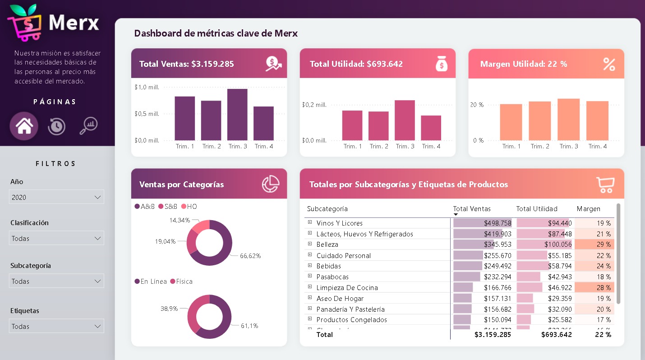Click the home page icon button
(x=24, y=126)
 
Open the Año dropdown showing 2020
(x=56, y=197)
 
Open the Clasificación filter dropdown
(x=56, y=238)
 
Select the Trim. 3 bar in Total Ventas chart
(x=237, y=115)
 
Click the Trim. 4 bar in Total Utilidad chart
(x=431, y=128)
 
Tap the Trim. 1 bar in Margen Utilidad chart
(x=511, y=122)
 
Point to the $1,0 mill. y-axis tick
(x=147, y=87)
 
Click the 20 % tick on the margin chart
(x=476, y=105)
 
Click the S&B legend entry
(x=168, y=207)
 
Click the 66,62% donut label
(x=250, y=256)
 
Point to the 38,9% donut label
(x=169, y=309)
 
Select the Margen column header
(x=588, y=209)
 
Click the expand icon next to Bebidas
(x=310, y=266)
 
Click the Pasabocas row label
(x=332, y=277)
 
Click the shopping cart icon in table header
(x=605, y=185)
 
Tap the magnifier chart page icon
(x=88, y=126)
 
